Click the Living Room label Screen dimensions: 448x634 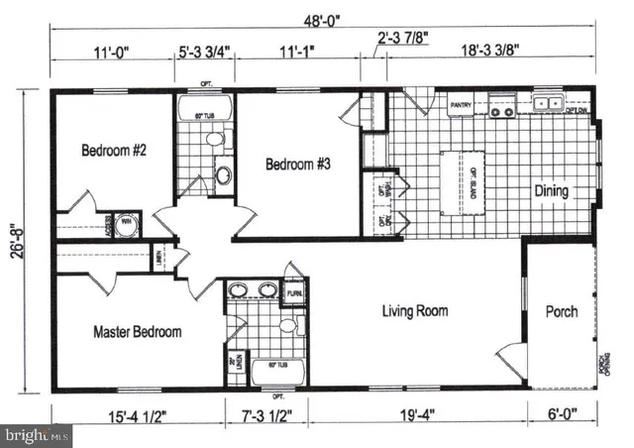tap(415, 311)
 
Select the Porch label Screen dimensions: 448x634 tap(562, 311)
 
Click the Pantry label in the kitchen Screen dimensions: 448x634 tap(460, 102)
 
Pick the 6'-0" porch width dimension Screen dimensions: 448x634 tap(562, 416)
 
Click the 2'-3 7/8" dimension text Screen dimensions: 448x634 tap(402, 41)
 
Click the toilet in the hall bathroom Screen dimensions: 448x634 tap(224, 176)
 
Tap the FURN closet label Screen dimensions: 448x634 tap(294, 294)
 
